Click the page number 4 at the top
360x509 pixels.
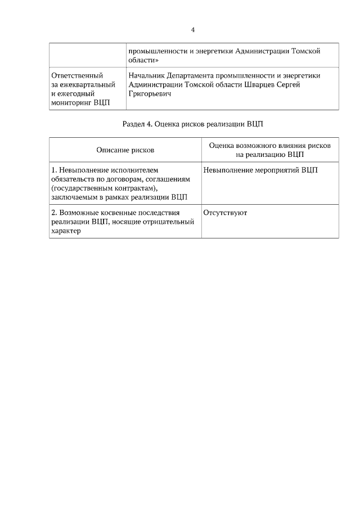(x=193, y=29)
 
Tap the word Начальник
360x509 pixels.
(x=147, y=75)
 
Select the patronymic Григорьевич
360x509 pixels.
(x=150, y=94)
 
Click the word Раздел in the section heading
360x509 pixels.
(x=134, y=124)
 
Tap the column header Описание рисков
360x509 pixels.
(x=125, y=150)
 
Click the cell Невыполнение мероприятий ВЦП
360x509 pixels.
(x=260, y=169)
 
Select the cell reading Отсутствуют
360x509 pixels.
(x=225, y=213)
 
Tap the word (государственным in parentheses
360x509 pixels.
(x=82, y=188)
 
